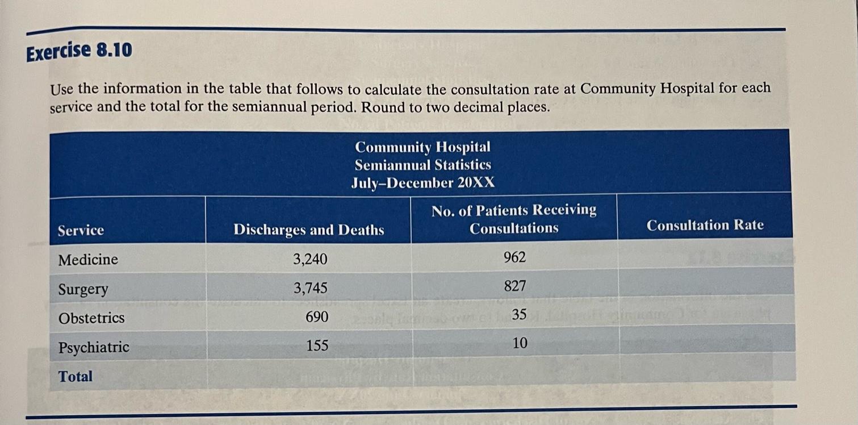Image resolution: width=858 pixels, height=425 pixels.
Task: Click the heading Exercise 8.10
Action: tap(79, 52)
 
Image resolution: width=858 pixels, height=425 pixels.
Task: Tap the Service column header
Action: tap(81, 230)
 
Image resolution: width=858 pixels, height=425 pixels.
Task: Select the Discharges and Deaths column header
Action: tap(308, 230)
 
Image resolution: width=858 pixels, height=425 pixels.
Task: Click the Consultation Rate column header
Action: tap(705, 226)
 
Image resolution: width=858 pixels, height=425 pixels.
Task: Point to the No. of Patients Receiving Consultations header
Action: tap(514, 219)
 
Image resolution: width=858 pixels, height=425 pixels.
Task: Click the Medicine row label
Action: tap(88, 260)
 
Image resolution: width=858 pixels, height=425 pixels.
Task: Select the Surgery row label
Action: tap(83, 289)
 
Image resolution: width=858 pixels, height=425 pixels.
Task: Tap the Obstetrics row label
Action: tap(91, 318)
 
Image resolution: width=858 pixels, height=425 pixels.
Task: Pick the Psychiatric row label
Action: tap(94, 347)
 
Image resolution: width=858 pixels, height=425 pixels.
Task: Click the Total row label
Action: tap(76, 376)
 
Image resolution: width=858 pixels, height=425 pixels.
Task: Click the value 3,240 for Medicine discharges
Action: tap(310, 260)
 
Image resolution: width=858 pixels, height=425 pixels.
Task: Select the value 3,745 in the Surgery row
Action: tap(310, 289)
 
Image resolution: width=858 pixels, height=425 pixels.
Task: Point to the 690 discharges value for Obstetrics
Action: tap(317, 317)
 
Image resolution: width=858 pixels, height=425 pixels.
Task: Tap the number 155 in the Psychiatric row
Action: tap(317, 345)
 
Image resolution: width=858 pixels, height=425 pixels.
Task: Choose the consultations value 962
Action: tap(515, 257)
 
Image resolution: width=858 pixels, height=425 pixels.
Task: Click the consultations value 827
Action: tap(515, 286)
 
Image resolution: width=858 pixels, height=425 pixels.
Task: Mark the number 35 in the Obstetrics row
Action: tap(519, 314)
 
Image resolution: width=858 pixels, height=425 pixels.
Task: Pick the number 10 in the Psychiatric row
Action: tap(520, 343)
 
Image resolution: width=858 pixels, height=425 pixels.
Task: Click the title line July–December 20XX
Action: tap(422, 183)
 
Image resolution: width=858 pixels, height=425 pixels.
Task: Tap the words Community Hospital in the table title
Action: tap(422, 147)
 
